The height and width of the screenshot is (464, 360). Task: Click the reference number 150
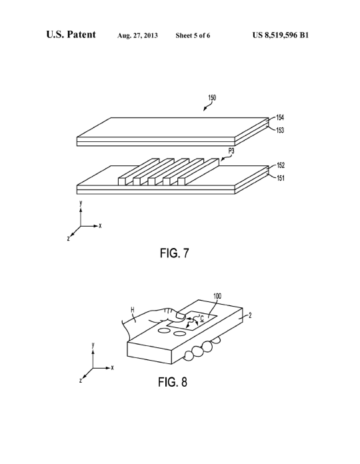212,97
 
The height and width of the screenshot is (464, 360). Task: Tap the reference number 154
280,117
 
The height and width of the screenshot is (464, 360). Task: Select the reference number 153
280,130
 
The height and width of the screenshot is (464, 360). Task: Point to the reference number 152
281,165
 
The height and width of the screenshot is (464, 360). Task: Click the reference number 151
281,178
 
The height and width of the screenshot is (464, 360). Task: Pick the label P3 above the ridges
231,151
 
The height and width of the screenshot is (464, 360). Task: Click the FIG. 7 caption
174,253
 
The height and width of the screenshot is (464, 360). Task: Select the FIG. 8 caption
173,382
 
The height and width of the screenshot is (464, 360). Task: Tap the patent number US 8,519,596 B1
281,35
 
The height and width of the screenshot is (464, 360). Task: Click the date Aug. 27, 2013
137,36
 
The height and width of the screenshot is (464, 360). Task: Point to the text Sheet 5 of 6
193,35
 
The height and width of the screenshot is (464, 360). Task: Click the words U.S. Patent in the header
71,35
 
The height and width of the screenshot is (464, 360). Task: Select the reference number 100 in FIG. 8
217,296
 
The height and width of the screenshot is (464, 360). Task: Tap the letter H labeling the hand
133,310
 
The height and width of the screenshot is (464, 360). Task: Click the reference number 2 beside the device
250,315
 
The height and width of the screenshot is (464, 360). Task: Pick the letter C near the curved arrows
202,319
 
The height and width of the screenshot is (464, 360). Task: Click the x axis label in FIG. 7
100,226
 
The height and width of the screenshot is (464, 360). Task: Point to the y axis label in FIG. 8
93,345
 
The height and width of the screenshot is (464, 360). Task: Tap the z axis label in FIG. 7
68,238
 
